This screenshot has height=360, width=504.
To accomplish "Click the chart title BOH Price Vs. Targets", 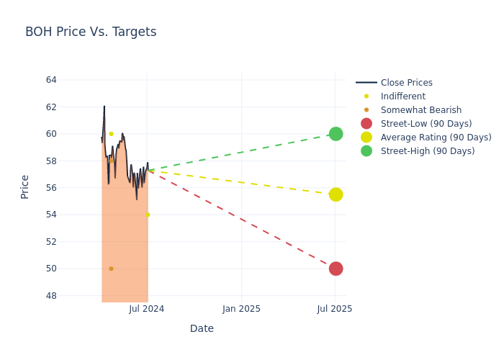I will [x=91, y=32].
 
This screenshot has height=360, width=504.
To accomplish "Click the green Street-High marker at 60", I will [x=336, y=134].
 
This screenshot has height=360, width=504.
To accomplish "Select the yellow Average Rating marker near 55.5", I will [x=336, y=194].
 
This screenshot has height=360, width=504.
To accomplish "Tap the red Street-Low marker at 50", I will [x=336, y=269].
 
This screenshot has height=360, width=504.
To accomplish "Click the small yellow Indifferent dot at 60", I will [x=111, y=134].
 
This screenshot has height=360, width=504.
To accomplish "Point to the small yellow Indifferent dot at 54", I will [x=148, y=215].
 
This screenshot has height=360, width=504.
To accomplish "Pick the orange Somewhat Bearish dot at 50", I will [x=111, y=269].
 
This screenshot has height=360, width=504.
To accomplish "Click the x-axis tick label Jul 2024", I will [x=147, y=309].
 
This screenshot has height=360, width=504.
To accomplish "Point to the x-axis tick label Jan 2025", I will [x=241, y=309].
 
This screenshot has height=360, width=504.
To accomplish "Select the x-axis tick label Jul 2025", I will [x=335, y=309].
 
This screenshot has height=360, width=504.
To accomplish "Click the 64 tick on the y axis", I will [x=50, y=80].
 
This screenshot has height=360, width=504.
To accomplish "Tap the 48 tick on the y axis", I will [x=50, y=296].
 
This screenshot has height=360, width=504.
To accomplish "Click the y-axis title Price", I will [x=25, y=186].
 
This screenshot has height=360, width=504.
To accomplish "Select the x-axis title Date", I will [x=202, y=329].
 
